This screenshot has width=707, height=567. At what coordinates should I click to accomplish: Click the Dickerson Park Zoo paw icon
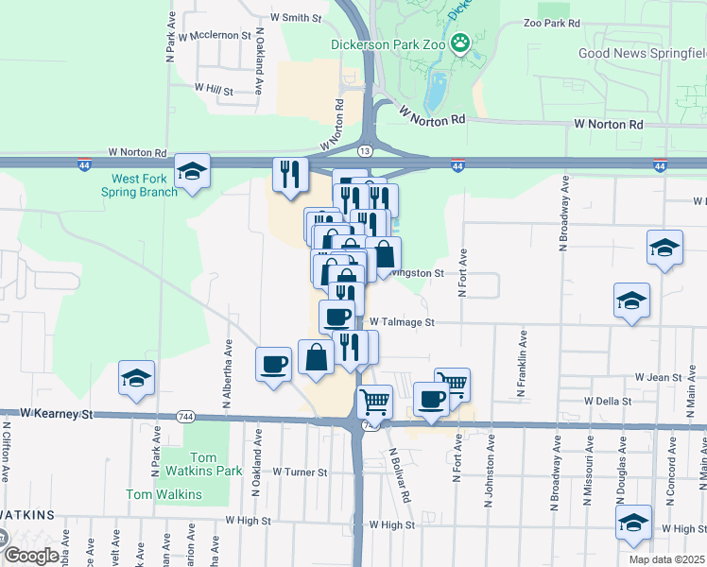460,42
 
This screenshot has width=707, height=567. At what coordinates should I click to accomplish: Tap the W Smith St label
297,17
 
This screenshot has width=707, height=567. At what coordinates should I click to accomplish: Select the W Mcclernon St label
219,36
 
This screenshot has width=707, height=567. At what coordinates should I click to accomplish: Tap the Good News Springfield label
641,54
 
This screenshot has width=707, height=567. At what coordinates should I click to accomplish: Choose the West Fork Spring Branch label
144,185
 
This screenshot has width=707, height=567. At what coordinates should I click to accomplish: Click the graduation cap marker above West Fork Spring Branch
193,171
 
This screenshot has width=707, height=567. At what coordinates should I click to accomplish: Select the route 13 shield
365,150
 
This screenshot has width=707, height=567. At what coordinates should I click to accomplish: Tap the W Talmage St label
401,322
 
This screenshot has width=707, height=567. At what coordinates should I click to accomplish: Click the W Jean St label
658,377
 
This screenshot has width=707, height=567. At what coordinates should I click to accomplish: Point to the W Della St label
608,401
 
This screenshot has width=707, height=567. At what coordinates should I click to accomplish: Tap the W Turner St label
300,472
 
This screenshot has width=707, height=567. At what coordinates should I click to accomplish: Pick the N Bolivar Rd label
400,474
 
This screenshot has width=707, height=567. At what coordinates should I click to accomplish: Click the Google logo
32,556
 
